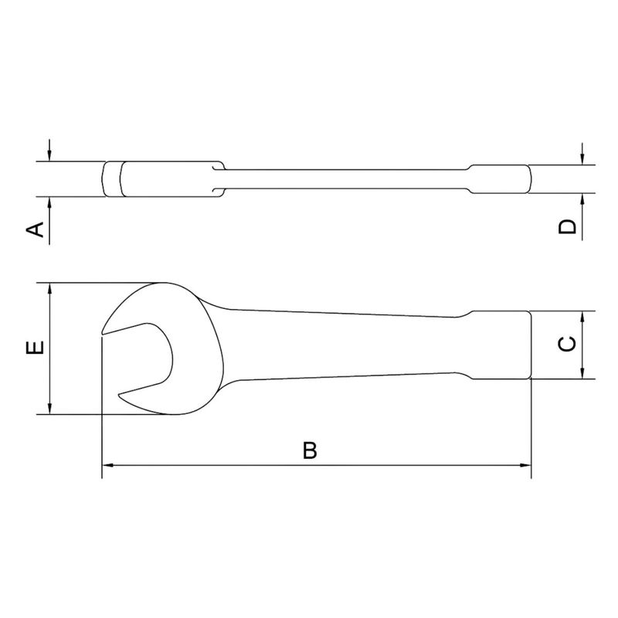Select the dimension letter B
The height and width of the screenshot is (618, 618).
pyautogui.click(x=310, y=451)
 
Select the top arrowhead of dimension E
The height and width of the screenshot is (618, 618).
pyautogui.click(x=50, y=288)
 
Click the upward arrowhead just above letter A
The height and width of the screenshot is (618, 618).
pyautogui.click(x=50, y=202)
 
